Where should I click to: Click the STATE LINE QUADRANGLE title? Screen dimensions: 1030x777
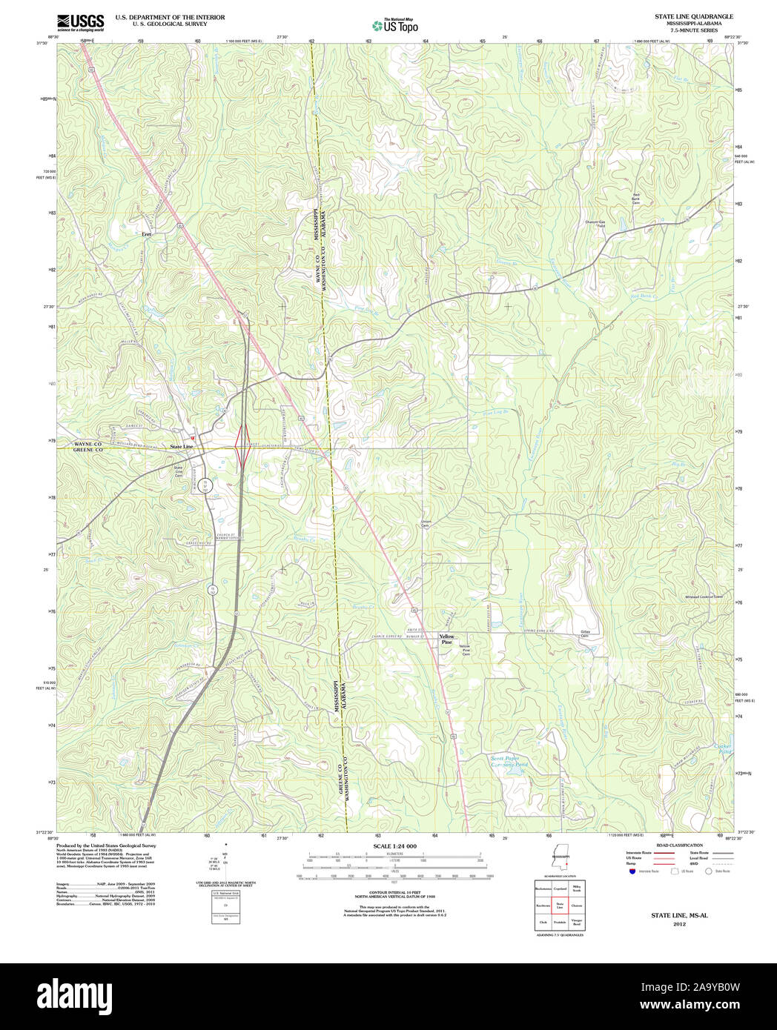693,16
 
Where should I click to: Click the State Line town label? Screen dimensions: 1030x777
181,447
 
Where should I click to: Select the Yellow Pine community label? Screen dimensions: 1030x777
446,639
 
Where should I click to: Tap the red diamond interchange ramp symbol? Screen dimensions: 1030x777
242,447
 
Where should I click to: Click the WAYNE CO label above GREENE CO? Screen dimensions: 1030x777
88,443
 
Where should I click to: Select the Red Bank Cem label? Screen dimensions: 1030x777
635,198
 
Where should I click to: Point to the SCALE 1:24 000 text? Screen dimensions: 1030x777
394,846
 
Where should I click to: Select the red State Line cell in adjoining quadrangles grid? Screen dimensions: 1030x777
561,905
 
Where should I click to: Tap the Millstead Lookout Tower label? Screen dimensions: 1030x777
704,596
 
